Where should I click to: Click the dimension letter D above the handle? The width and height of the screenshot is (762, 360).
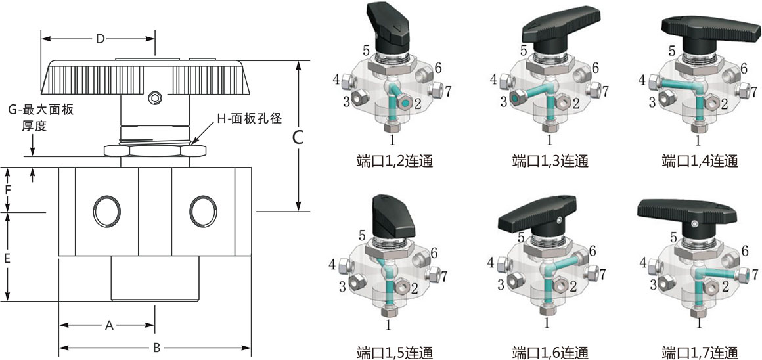point(100,39)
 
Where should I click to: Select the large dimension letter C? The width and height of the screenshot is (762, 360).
point(298,138)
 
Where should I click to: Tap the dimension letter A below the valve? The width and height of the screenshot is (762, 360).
point(110,325)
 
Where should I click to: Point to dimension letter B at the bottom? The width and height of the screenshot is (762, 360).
point(156,348)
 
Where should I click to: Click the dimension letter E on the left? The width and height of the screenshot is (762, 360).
point(7,259)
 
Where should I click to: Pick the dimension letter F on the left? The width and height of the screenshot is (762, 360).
point(7,191)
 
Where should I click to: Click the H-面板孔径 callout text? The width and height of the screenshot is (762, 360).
point(250,119)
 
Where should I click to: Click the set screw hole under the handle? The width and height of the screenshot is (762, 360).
point(155,99)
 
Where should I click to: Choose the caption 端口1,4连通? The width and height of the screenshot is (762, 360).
point(700,161)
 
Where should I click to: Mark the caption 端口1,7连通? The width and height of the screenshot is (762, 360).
point(700,351)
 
